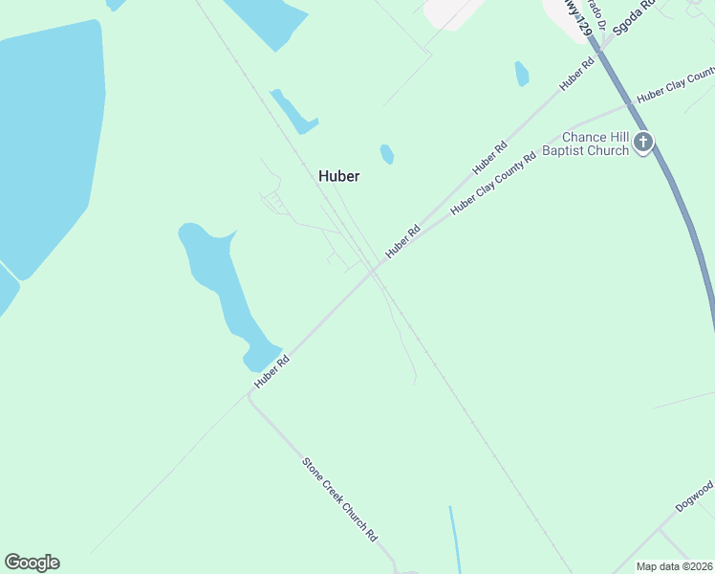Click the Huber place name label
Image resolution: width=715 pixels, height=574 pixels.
[338, 176]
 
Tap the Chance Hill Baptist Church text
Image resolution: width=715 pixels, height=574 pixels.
[595, 143]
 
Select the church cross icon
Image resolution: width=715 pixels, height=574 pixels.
[643, 143]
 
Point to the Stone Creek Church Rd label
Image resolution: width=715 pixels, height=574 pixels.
[340, 500]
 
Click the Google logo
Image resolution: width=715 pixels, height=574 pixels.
[32, 563]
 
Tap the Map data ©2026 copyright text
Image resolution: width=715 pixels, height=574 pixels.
[674, 566]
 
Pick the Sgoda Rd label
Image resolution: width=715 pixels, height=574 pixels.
[634, 17]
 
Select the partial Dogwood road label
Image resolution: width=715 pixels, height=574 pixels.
[695, 497]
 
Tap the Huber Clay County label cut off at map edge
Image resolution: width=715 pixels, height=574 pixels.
[675, 85]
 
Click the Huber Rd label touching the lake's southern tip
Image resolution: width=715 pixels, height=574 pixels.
[271, 371]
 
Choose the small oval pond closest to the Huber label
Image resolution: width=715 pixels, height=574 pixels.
[386, 153]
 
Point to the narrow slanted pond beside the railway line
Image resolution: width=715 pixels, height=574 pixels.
[293, 111]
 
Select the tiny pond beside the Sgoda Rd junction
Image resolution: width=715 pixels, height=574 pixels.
[522, 74]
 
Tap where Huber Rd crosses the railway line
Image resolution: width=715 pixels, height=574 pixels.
[375, 272]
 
